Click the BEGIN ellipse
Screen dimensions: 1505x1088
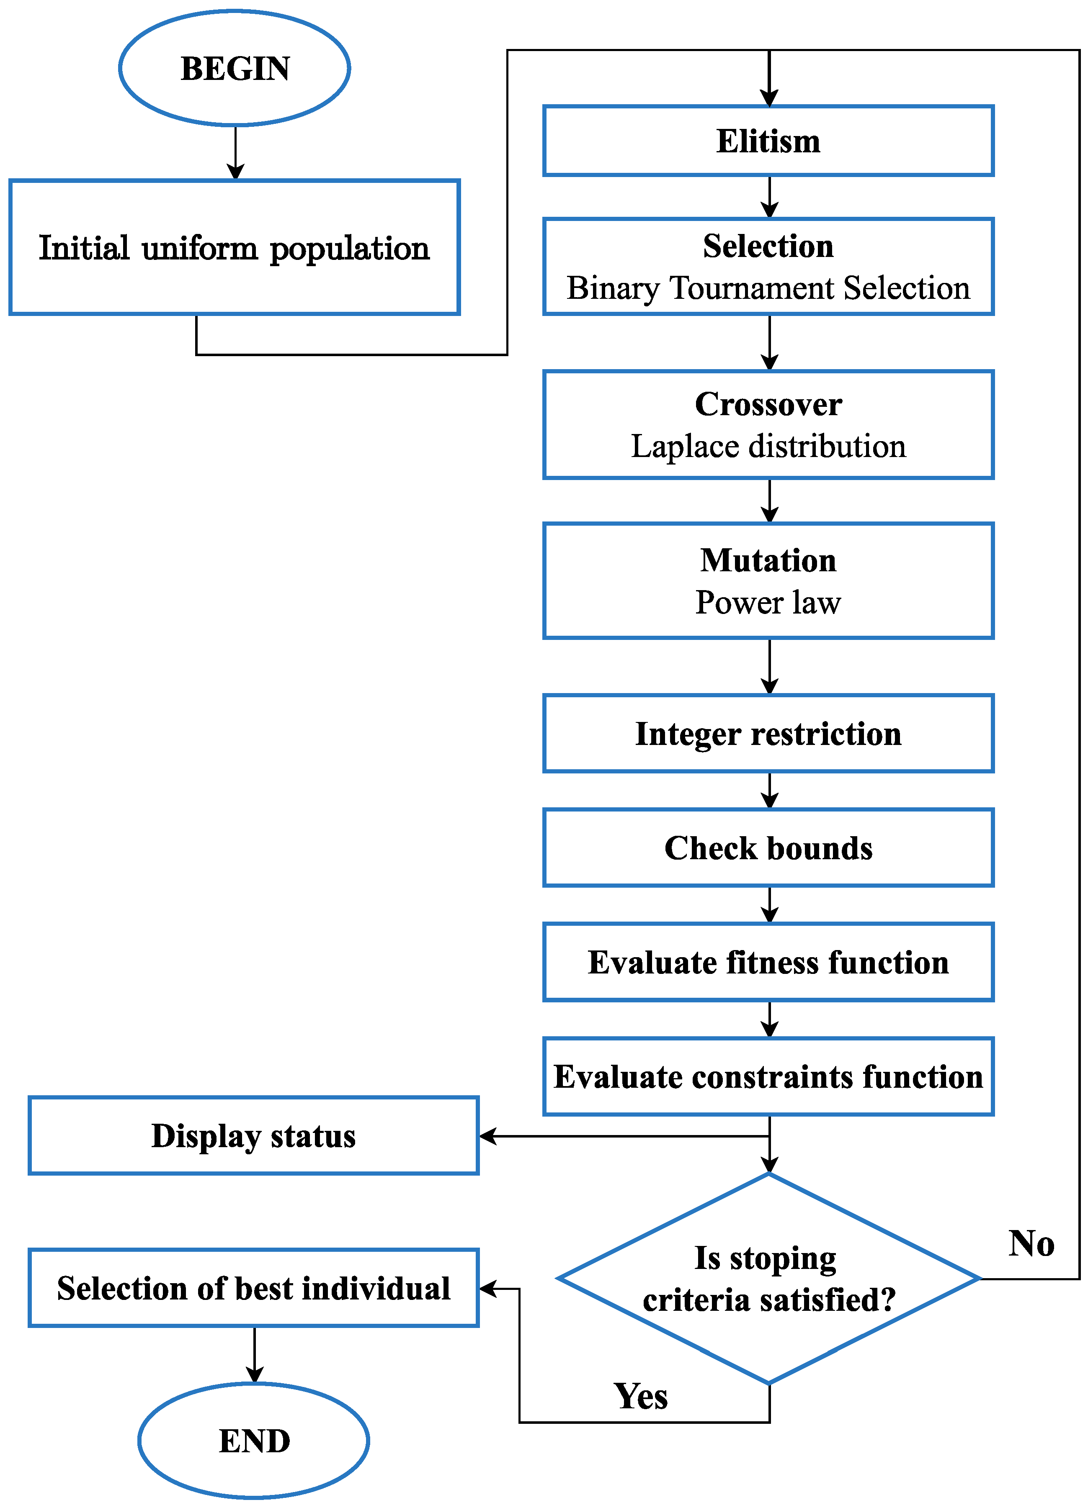(x=235, y=68)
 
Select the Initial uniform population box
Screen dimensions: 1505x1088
(x=235, y=247)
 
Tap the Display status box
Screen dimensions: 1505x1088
(x=254, y=1135)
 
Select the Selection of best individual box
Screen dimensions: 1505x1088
(x=254, y=1288)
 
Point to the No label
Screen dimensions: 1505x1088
(x=1031, y=1243)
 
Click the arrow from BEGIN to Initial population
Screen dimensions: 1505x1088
(x=236, y=153)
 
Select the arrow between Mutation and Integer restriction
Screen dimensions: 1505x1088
(x=769, y=666)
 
